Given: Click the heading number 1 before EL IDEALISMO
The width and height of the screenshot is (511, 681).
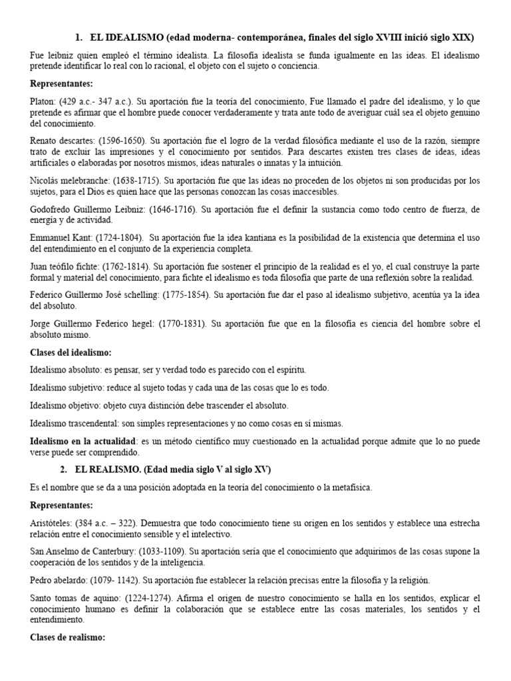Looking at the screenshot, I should pos(77,37).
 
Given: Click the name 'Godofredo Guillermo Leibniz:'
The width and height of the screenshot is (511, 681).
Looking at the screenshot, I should pos(90,209).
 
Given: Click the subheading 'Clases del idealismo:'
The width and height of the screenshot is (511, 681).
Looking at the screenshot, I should pos(71,352).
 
